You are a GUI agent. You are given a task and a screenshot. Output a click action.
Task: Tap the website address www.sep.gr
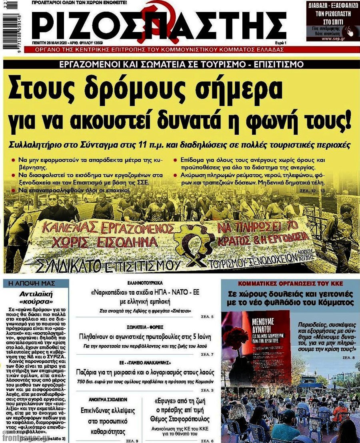[332, 38]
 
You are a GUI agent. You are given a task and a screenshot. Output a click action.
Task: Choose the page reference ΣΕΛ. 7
[207, 354]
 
